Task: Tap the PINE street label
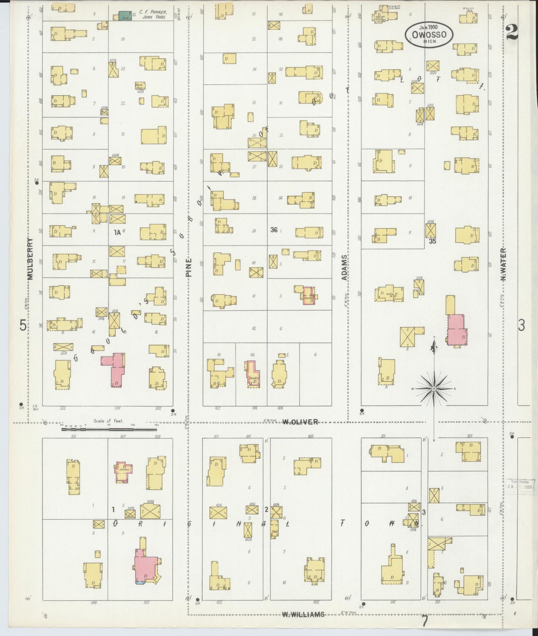pos(189,267)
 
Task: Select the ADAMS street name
pos(345,267)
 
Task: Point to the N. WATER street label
pos(503,264)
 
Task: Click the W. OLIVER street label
pos(300,422)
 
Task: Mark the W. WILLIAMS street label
pos(303,614)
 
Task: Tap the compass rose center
pos(434,389)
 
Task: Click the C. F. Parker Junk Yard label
pos(153,15)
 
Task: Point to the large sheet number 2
pos(512,32)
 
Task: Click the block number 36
pos(274,230)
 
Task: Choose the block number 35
pos(432,241)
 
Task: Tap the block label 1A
pos(117,232)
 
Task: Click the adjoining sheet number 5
pos(23,326)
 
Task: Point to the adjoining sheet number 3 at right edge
pos(521,326)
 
